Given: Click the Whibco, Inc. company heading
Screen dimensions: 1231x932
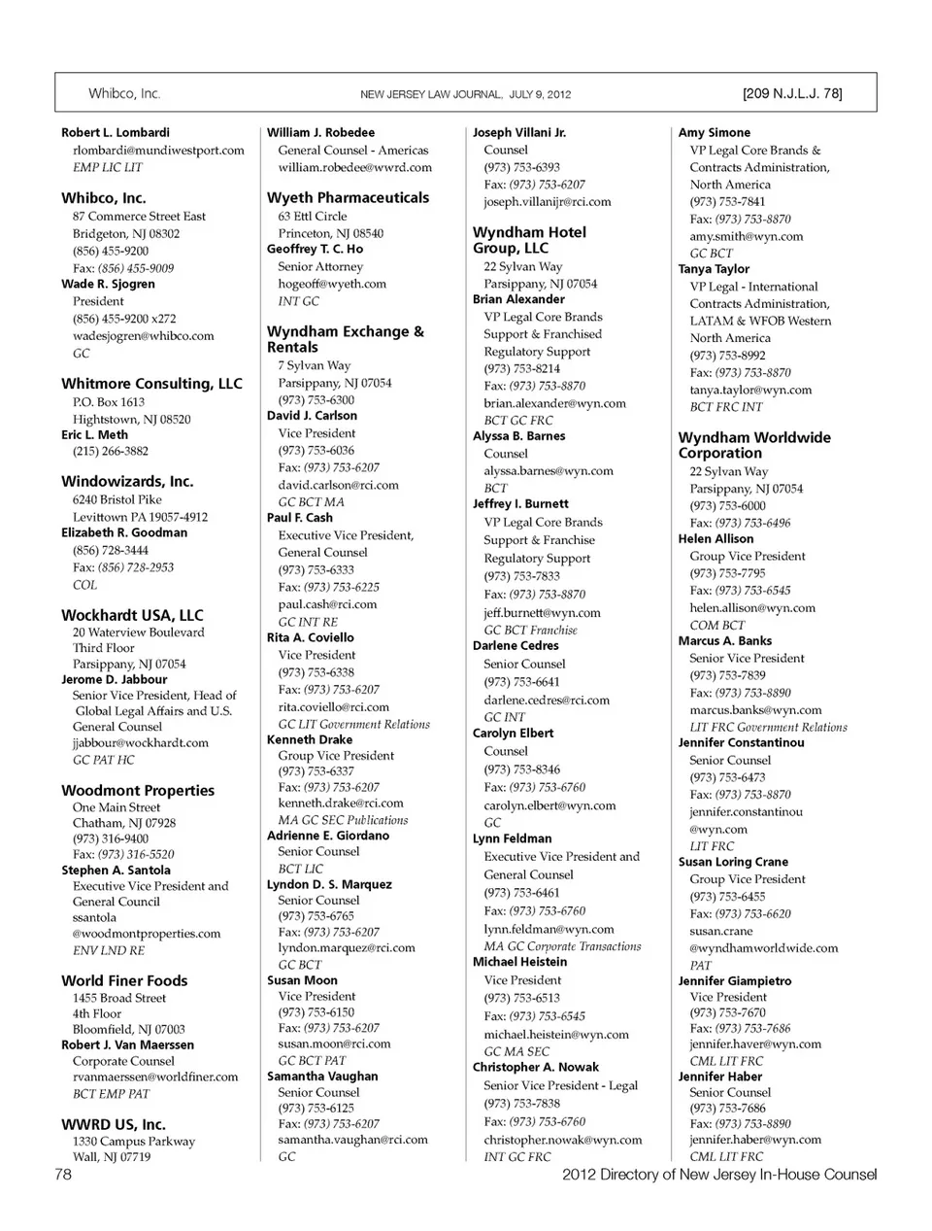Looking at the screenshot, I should [x=104, y=198].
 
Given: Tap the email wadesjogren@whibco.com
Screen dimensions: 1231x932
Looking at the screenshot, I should [x=143, y=336].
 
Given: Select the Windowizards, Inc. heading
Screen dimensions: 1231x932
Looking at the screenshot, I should [x=127, y=481].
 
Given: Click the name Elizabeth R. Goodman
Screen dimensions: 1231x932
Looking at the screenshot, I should [x=124, y=533].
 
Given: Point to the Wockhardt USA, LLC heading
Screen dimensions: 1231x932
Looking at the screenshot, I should [x=132, y=615].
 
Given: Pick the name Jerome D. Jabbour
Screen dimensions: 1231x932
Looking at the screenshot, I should [x=114, y=680].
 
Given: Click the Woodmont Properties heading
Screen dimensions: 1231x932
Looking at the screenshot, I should [x=138, y=791].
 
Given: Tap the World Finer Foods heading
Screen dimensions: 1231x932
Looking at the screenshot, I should [x=124, y=981].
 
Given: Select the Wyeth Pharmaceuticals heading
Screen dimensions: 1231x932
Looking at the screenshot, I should [x=348, y=197].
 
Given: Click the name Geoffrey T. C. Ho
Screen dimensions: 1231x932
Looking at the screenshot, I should [x=315, y=249].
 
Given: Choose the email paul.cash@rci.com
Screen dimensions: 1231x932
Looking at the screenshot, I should [x=327, y=604].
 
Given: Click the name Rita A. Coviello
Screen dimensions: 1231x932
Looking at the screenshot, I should [x=311, y=638].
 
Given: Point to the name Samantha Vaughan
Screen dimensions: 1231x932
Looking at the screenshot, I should [x=322, y=1077].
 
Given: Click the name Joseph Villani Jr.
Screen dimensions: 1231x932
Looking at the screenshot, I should [x=519, y=132].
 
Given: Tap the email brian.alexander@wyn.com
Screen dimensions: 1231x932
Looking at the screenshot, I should [x=554, y=403].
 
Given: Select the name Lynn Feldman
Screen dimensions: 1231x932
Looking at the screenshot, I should [x=512, y=839].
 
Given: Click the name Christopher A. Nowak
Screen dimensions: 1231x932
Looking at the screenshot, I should [x=536, y=1067].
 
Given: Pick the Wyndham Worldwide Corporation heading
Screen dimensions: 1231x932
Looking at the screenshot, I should [x=754, y=445].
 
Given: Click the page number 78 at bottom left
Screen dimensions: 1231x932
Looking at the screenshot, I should [x=63, y=1175].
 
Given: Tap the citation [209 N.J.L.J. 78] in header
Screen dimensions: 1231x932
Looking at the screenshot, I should [x=792, y=94].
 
